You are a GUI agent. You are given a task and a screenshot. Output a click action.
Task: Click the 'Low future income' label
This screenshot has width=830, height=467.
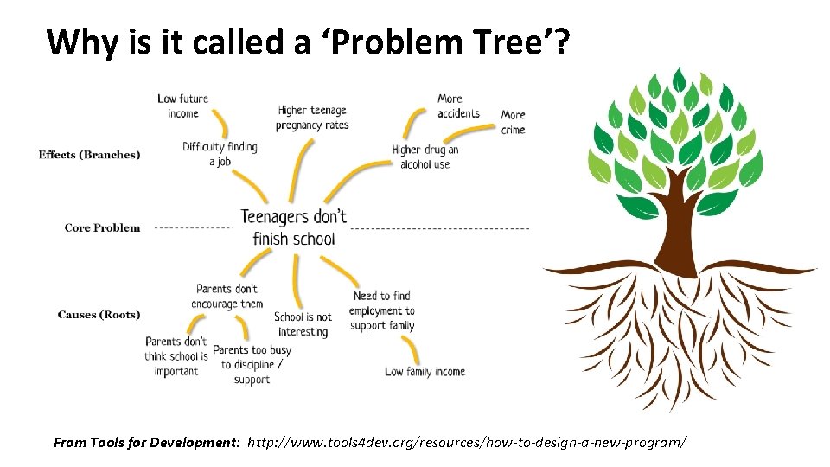click(x=182, y=106)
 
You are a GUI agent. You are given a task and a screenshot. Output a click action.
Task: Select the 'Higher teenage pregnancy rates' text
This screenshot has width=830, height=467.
click(x=312, y=118)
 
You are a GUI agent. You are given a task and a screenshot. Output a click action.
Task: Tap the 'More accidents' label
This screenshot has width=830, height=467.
click(x=457, y=106)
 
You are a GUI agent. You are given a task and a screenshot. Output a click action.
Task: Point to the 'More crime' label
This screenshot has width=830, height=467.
click(x=513, y=122)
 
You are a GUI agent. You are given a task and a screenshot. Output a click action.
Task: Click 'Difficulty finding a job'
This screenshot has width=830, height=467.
click(x=220, y=154)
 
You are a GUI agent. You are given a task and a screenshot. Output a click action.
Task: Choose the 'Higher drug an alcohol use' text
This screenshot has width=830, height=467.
click(x=425, y=157)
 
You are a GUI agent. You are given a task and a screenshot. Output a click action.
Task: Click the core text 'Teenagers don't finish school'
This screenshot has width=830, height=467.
click(x=293, y=227)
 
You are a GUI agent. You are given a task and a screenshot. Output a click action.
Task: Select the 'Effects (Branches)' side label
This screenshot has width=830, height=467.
click(x=89, y=155)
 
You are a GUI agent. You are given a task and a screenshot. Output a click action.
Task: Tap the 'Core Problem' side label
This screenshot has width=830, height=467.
click(x=102, y=227)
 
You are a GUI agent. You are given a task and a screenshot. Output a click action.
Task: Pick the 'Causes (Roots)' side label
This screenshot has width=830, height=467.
click(x=99, y=315)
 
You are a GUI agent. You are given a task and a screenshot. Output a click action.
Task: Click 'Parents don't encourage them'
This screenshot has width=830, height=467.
click(x=227, y=296)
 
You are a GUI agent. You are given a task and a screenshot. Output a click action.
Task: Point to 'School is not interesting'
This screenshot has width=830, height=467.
click(x=303, y=324)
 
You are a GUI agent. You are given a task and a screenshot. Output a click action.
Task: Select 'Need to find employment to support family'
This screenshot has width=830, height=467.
click(x=382, y=310)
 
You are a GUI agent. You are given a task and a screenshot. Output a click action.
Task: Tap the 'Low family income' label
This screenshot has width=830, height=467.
click(x=425, y=372)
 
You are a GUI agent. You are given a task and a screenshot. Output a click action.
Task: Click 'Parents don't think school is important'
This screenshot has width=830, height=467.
click(x=176, y=356)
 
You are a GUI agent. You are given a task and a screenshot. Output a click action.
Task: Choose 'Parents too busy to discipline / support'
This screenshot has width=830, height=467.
click(x=252, y=365)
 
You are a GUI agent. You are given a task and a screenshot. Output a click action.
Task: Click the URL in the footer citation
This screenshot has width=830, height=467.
click(x=467, y=442)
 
